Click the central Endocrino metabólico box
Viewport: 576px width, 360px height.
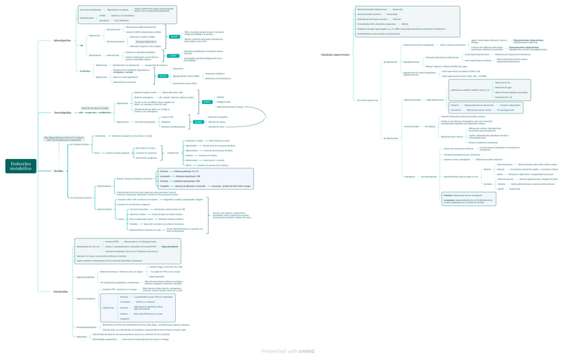[20, 166]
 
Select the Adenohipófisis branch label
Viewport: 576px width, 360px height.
[62, 41]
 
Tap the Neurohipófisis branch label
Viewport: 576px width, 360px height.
[62, 113]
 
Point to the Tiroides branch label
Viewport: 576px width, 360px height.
[58, 171]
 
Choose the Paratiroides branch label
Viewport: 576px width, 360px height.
[60, 291]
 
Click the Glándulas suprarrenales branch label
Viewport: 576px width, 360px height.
[336, 54]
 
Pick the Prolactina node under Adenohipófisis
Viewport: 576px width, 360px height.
[85, 71]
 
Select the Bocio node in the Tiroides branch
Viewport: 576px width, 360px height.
[97, 153]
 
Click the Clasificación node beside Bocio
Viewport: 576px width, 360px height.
[173, 153]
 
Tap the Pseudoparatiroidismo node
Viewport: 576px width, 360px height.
[86, 327]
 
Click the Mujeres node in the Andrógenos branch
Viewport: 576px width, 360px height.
[487, 169]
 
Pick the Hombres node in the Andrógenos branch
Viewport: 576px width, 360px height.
[488, 184]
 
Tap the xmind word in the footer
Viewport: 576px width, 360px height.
[306, 351]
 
